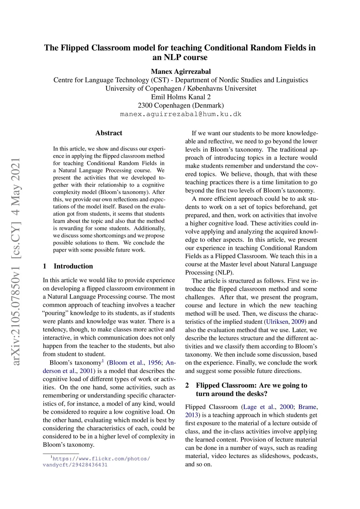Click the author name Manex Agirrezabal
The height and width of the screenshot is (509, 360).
[181, 72]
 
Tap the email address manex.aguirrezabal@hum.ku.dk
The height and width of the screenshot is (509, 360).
[181, 114]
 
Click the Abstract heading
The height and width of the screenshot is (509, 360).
[109, 133]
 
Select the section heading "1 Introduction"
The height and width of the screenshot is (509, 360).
[68, 266]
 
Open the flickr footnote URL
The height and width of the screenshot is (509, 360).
[96, 462]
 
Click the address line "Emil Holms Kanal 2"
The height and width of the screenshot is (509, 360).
[181, 97]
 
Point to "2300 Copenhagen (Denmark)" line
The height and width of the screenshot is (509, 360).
[181, 105]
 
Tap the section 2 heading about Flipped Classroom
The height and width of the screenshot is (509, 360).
[251, 389]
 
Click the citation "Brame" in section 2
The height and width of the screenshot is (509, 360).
[307, 407]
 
